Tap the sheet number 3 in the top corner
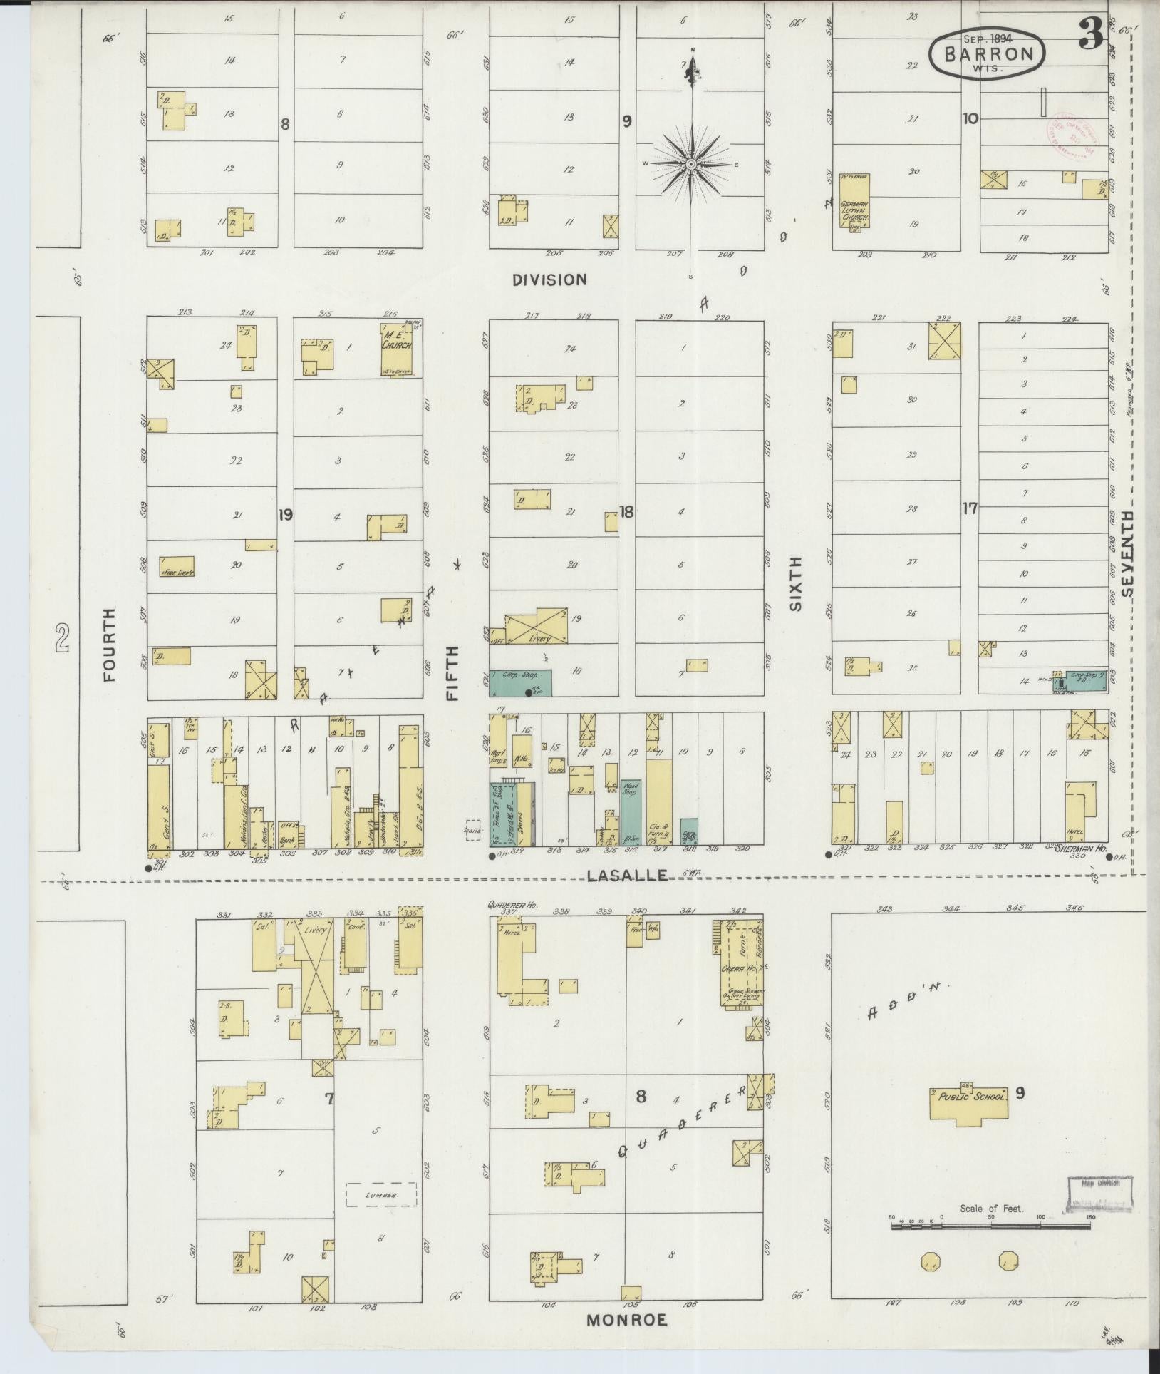1090,34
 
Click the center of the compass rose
690,165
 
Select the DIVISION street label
550,280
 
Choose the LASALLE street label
627,875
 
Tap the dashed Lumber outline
381,1194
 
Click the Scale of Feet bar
990,1226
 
